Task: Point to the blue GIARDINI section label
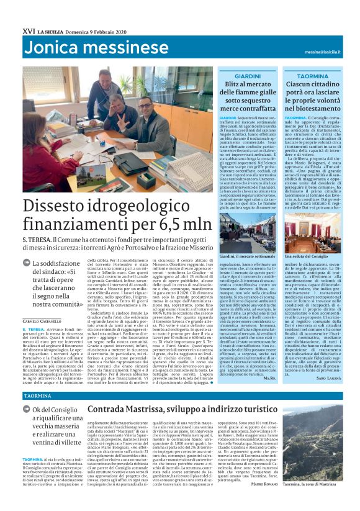(248, 75)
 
